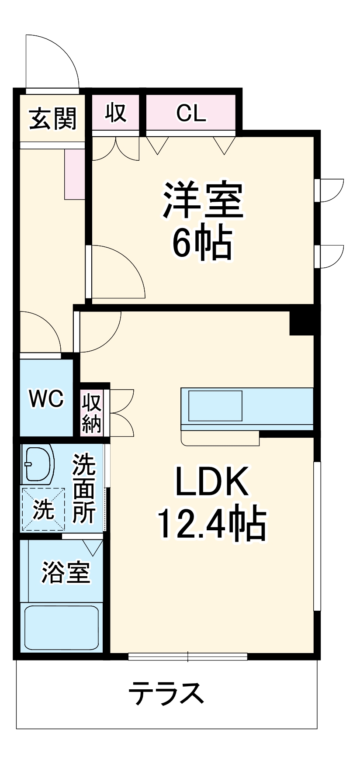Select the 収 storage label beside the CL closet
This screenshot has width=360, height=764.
pos(116,112)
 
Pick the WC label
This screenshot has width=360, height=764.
pos(46,398)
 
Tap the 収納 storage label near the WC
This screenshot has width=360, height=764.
pos(92,413)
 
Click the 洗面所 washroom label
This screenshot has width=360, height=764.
pos(84,488)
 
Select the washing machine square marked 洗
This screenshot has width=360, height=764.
pos(43,509)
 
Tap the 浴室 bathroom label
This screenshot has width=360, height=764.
pos(66,572)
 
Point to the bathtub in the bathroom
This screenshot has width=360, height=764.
pos(61,627)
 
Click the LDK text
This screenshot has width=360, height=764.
pos(212,481)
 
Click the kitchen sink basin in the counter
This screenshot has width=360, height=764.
pos(215,406)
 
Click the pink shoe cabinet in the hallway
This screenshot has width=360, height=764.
pos(75,174)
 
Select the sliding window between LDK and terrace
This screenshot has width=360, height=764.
pos(188,656)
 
